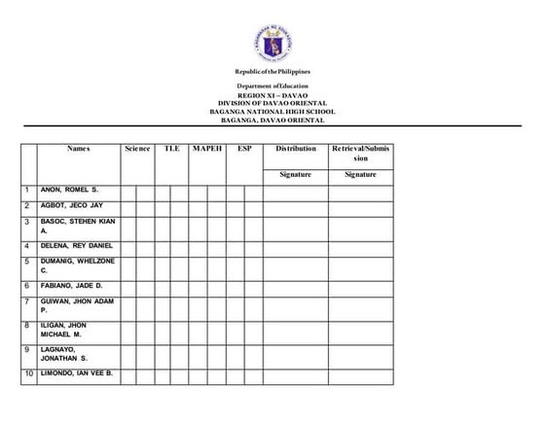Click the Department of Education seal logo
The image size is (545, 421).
[272, 43]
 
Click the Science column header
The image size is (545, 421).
[137, 149]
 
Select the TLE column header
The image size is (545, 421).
[172, 149]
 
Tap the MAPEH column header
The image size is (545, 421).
[207, 149]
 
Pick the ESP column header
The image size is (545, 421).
[244, 149]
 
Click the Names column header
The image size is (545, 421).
[79, 149]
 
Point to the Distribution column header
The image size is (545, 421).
[295, 149]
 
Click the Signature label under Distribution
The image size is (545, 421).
[295, 174]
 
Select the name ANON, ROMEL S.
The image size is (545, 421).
[70, 190]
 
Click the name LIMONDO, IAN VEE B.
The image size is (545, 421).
[77, 373]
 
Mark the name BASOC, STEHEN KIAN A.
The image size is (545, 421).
[77, 227]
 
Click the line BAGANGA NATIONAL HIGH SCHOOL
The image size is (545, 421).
[272, 112]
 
